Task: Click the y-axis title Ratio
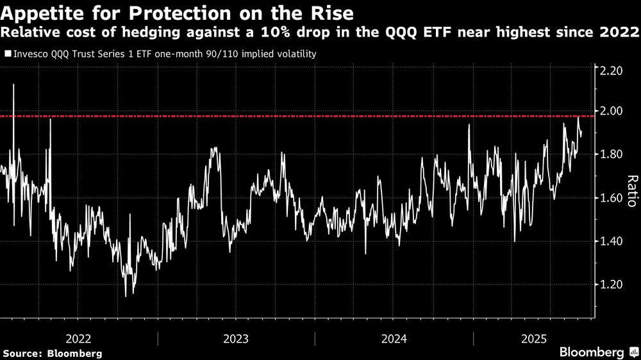coord(631,190)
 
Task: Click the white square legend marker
coord(7,54)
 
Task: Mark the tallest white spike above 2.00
coord(13,86)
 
